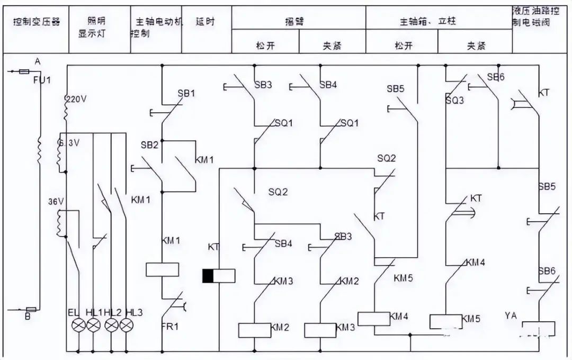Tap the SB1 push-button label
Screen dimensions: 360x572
coord(186,93)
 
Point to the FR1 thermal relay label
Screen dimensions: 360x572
coord(169,326)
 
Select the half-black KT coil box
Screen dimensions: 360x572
coord(219,276)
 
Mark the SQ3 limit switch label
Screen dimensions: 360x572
coord(454,100)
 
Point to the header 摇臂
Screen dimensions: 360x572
coord(299,22)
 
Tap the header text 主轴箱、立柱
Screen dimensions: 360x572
coord(428,22)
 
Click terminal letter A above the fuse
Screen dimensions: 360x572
coord(37,62)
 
